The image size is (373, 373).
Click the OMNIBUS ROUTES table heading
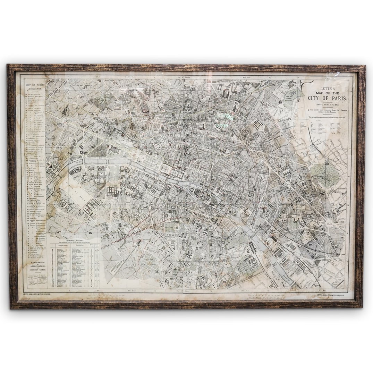[x=76, y=239]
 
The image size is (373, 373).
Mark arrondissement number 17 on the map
[x=85, y=87]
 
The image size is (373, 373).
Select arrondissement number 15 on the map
[x=90, y=232]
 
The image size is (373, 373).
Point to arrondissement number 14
[x=157, y=271]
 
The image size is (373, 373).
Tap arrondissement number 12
[x=311, y=245]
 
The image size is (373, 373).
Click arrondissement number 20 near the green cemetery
[x=327, y=163]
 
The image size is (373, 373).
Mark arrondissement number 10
[x=240, y=113]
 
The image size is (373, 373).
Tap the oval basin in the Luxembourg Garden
[x=172, y=228]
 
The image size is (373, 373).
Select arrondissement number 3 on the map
[x=235, y=163]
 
